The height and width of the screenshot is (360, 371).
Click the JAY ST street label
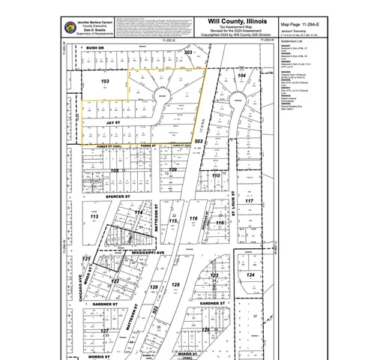(114, 118)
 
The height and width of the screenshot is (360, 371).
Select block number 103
(105, 79)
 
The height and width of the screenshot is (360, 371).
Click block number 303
(189, 52)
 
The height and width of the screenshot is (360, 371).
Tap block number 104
(241, 76)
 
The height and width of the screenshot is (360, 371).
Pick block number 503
(199, 140)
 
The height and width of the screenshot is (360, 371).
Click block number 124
(252, 276)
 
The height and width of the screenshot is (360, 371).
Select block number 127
(106, 330)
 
